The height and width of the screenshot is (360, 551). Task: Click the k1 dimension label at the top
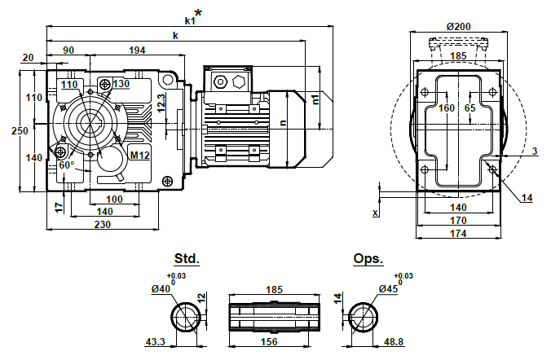[x=191, y=20]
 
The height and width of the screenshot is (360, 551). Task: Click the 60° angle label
[x=67, y=165]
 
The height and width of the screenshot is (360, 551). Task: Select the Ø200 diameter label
[x=459, y=26]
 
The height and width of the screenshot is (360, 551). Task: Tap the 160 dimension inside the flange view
[x=446, y=108]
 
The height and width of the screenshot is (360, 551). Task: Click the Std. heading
[x=187, y=258]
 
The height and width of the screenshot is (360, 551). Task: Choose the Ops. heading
[x=368, y=258]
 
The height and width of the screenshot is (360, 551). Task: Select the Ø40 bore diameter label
[x=161, y=288]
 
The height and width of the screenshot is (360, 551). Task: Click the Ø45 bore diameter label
[x=387, y=288]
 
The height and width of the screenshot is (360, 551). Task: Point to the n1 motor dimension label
[x=315, y=99]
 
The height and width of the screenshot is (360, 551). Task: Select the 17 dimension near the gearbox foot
[x=59, y=207]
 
